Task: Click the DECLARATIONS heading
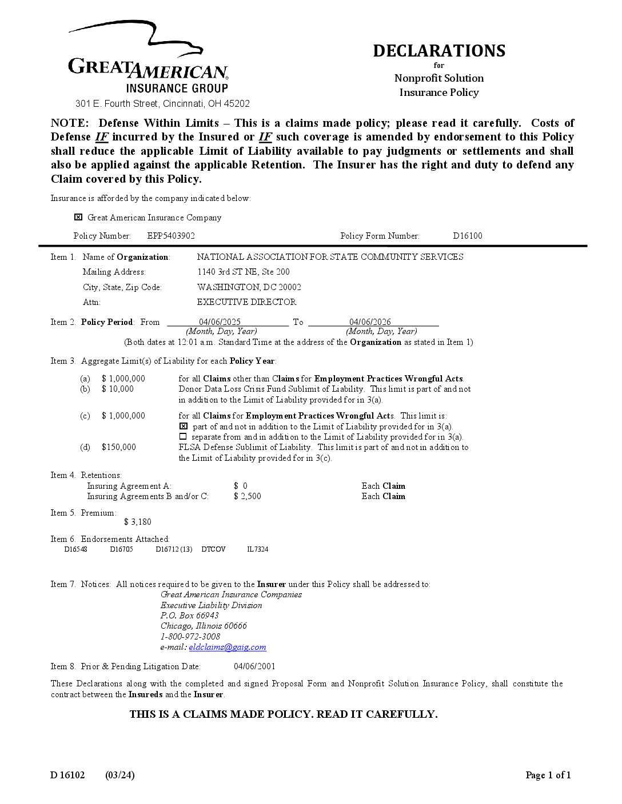(x=439, y=51)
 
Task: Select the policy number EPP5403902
(x=171, y=236)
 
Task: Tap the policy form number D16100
(x=467, y=236)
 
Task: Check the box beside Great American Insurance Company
(x=78, y=217)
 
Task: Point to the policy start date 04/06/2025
(x=220, y=322)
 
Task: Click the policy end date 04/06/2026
(x=370, y=322)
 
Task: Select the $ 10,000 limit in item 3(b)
(x=117, y=389)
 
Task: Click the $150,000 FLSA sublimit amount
(x=118, y=447)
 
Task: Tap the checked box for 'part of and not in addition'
(x=184, y=427)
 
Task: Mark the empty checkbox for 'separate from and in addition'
(x=183, y=437)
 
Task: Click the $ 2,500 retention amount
(x=247, y=496)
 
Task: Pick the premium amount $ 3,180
(x=138, y=522)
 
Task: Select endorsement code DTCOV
(x=213, y=549)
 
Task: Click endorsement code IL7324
(x=257, y=549)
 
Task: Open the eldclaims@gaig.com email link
(x=227, y=647)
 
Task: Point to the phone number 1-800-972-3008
(x=190, y=637)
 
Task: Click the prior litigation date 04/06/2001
(x=254, y=666)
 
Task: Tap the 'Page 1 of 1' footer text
(x=548, y=775)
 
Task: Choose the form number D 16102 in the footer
(x=67, y=775)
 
